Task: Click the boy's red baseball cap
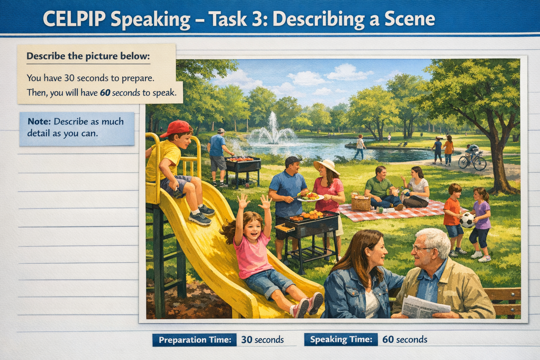(177, 128)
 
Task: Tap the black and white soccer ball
(468, 220)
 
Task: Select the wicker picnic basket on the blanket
(361, 201)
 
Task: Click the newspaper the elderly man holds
(425, 307)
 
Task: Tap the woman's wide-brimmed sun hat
(327, 166)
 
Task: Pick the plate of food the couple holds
(310, 197)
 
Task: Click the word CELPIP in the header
(74, 19)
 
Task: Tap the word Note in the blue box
(39, 122)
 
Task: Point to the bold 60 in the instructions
(105, 93)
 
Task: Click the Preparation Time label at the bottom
(195, 340)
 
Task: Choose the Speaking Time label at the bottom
(341, 340)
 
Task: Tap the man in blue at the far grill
(218, 155)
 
